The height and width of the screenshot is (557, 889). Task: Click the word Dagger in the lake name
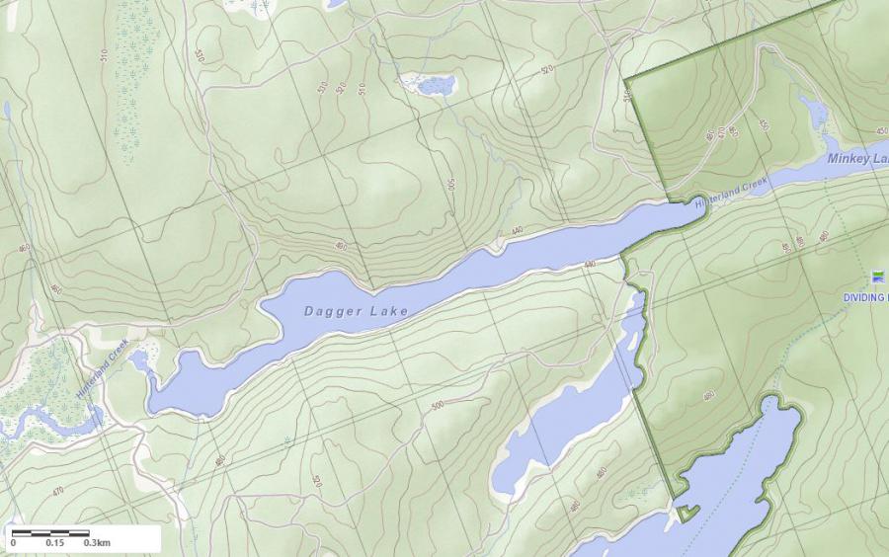coord(328,311)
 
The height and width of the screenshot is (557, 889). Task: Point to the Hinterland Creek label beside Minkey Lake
coord(731,192)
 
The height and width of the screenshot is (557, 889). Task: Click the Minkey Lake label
coord(857,159)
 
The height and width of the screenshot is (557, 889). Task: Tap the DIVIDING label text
coord(865,297)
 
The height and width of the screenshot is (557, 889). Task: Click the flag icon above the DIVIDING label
coord(878,278)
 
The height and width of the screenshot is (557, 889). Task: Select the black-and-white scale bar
coord(50,533)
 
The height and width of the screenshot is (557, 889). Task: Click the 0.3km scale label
coord(97,543)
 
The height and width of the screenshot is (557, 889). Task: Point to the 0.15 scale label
coord(54,543)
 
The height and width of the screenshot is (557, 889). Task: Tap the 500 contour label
coord(438,406)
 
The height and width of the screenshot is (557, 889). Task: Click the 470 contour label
coord(58,490)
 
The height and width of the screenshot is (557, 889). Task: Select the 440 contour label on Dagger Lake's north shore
coord(516,232)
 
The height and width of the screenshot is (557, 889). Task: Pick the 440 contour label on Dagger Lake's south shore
coord(590,265)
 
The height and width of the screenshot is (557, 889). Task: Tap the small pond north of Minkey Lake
coord(816,113)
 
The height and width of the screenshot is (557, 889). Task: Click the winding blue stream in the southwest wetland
coord(49,425)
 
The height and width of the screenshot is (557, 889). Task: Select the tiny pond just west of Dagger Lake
coord(139,359)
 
